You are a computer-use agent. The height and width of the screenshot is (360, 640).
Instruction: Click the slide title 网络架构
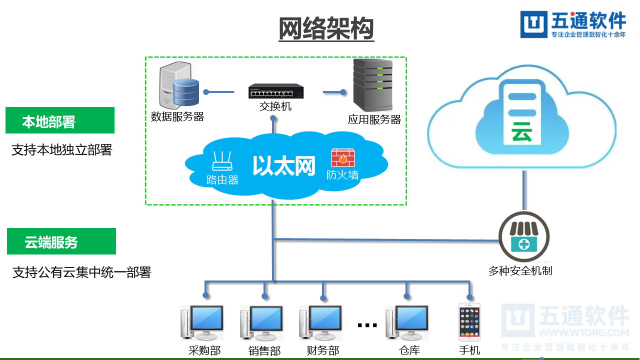(326, 28)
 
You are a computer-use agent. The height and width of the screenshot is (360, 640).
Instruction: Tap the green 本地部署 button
(60, 120)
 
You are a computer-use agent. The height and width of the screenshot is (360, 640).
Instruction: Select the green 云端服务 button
(61, 241)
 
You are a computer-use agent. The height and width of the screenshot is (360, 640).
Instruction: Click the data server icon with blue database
(178, 86)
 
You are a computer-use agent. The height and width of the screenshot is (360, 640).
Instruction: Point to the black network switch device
(276, 91)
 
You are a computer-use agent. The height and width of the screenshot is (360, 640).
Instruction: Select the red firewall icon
(342, 158)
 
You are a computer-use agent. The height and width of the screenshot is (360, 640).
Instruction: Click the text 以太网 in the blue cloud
(283, 166)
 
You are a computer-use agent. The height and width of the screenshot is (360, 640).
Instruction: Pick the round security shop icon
(524, 237)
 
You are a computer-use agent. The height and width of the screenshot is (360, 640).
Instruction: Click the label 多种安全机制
(520, 271)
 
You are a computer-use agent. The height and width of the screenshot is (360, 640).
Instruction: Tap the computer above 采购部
(203, 323)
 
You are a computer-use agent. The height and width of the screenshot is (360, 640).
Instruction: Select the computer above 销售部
(262, 323)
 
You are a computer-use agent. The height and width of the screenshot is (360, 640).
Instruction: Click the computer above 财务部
(321, 323)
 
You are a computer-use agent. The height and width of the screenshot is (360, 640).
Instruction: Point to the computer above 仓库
(407, 323)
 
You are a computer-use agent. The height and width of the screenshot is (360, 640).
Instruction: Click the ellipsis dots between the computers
(367, 325)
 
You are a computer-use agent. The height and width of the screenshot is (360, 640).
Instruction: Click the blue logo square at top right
(534, 24)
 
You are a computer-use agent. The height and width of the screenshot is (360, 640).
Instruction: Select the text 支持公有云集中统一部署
(81, 272)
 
